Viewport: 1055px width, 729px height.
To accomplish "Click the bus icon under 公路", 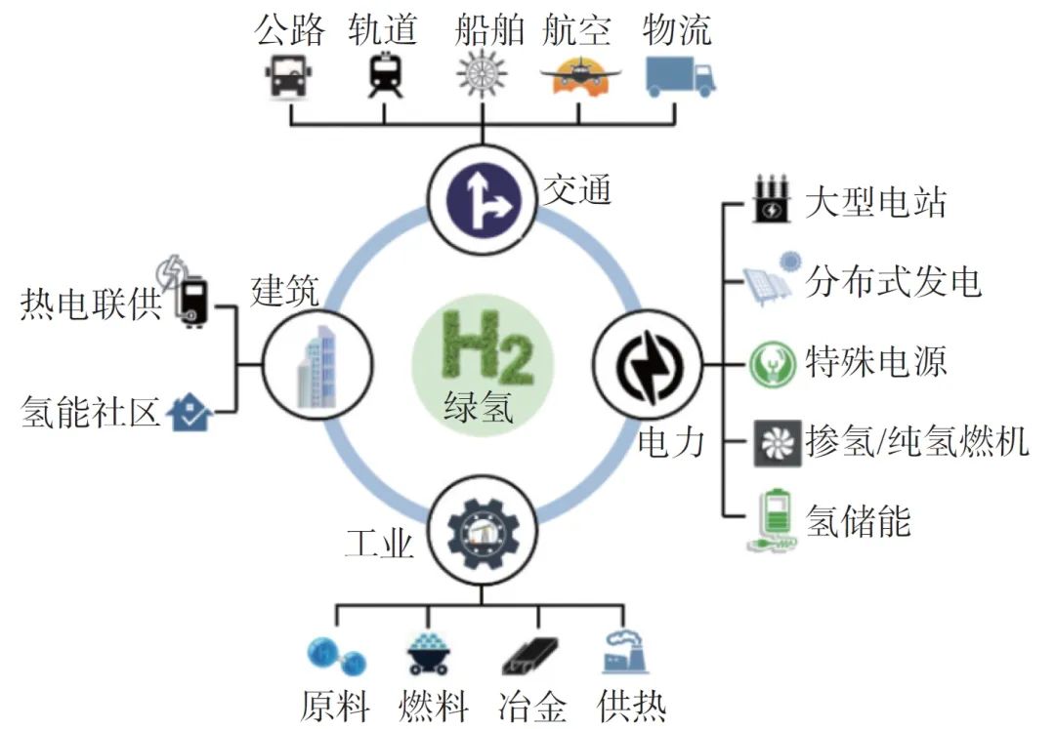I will [288, 75].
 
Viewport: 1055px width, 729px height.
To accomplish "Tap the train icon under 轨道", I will [382, 75].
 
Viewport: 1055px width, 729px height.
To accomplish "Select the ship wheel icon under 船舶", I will [482, 75].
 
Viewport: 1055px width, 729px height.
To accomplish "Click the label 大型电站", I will [875, 204].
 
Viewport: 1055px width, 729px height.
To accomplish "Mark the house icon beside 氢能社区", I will [190, 415].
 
